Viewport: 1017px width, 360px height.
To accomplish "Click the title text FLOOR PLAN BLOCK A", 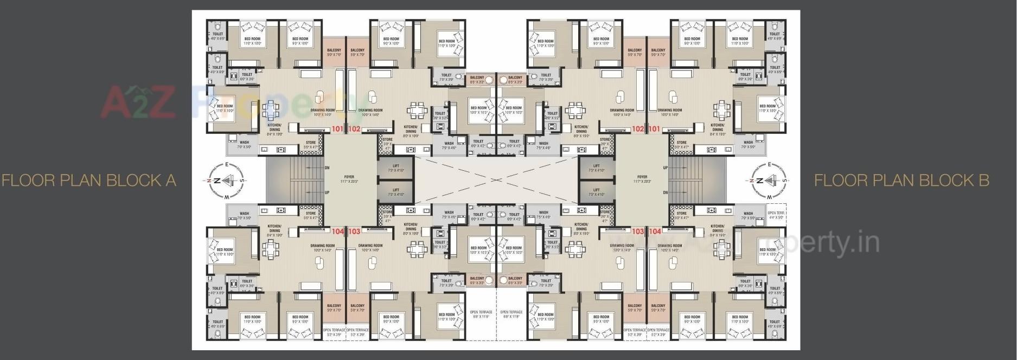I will [89, 180].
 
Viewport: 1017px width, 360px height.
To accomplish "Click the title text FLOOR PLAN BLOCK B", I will [901, 180].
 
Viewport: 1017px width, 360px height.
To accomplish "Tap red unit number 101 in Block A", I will [338, 129].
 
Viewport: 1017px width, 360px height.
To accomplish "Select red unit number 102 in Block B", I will [638, 129].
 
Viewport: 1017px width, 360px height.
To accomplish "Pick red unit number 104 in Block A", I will [338, 232].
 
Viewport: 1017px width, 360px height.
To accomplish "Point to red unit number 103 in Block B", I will [638, 232].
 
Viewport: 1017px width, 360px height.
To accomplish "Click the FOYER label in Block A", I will [349, 177].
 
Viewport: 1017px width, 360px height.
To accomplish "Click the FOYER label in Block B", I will [642, 177].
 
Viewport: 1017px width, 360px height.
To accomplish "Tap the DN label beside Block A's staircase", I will [327, 168].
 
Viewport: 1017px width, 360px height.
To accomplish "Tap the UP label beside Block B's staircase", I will [665, 168].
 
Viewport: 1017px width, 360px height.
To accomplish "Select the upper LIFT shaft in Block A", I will [396, 168].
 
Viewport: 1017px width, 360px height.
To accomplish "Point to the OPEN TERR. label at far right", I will [776, 213].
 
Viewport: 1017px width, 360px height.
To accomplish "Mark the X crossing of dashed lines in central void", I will [496, 180].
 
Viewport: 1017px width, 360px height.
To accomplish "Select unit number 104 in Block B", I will [655, 232].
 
